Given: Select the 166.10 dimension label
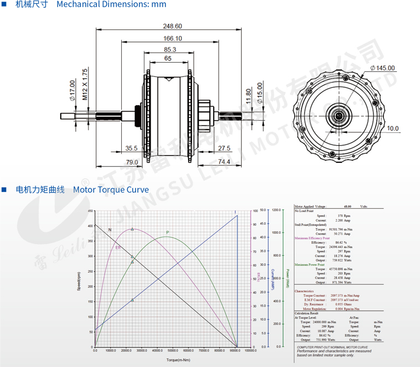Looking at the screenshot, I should [172, 38].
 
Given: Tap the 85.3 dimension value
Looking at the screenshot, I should [170, 49].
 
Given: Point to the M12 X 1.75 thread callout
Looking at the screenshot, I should [85, 84].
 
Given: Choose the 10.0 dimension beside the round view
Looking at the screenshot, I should [392, 128].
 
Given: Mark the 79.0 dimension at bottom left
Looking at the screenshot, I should [131, 162].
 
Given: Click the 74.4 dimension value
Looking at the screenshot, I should [224, 162].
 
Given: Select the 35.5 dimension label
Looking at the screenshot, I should [131, 148].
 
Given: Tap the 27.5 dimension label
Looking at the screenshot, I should [224, 148].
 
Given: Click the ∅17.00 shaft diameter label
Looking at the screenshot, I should [72, 91].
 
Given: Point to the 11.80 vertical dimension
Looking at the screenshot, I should [248, 95].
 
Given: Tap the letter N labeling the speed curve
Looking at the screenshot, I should [110, 230].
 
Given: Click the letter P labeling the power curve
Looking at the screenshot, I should [168, 232].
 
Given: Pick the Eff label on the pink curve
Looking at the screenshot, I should [118, 247].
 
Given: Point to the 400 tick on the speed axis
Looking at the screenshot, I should [91, 226].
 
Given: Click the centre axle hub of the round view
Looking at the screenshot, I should [339, 116].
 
